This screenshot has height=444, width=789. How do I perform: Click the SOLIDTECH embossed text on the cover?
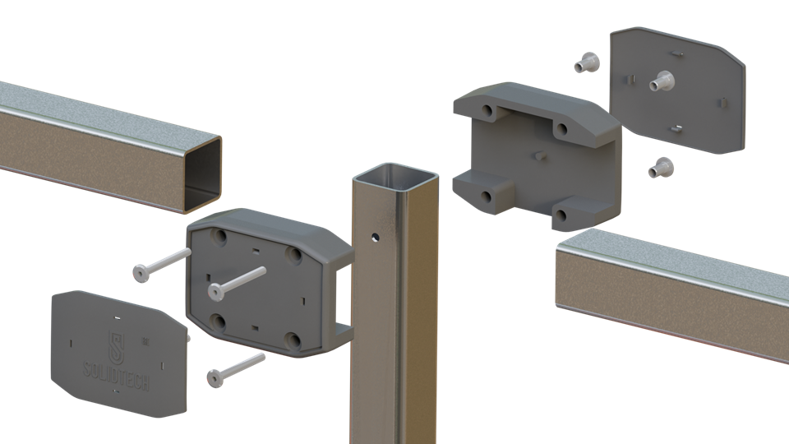116,376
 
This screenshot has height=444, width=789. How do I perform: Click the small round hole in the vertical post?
375,237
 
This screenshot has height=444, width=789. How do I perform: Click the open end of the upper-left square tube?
203,173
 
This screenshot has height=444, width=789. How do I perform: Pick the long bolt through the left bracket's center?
237,282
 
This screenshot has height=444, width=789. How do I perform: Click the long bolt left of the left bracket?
162,265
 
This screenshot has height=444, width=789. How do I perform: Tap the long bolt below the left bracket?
236,370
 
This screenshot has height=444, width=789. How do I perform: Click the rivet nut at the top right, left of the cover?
587,63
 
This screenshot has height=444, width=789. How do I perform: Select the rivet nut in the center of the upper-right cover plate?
662,81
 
